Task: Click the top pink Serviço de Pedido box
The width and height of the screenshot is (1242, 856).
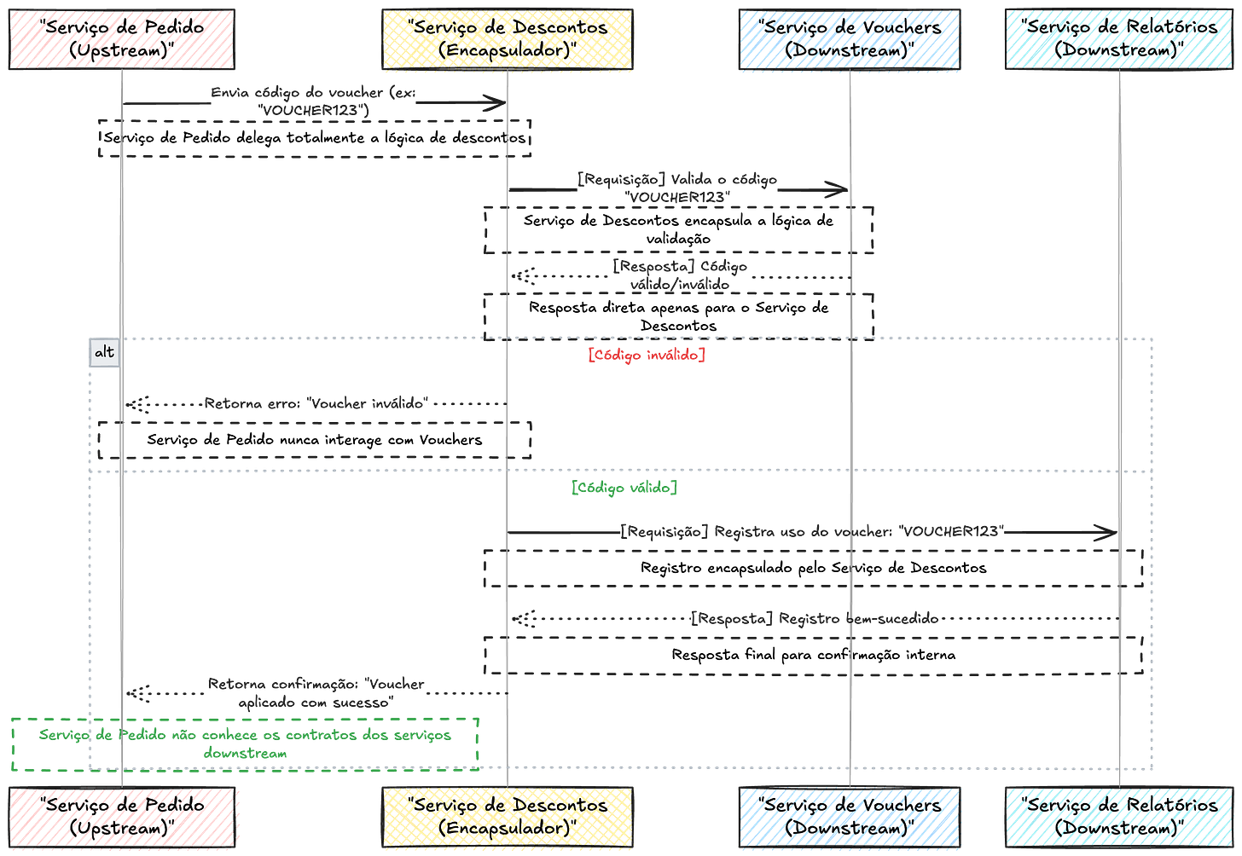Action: tap(121, 39)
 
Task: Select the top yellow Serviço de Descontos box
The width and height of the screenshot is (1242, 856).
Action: tap(508, 39)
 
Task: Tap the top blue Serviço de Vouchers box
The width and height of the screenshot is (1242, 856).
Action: tap(850, 39)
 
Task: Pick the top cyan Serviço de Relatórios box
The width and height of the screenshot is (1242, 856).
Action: tap(1118, 39)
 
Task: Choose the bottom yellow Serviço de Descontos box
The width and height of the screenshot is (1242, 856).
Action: tap(508, 816)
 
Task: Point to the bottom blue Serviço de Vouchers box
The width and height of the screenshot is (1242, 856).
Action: tap(850, 816)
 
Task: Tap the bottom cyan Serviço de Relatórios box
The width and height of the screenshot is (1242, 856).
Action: tap(1118, 816)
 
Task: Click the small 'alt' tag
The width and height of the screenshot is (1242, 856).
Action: tap(104, 353)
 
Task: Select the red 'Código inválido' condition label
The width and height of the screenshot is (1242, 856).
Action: tap(647, 355)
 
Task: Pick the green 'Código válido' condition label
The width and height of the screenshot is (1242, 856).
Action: tap(624, 489)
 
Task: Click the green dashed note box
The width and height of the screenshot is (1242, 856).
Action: tap(245, 743)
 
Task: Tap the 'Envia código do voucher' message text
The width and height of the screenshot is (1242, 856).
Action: tap(313, 101)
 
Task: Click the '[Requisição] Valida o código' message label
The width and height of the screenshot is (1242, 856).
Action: tap(677, 188)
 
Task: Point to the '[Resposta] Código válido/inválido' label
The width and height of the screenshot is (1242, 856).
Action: tap(680, 275)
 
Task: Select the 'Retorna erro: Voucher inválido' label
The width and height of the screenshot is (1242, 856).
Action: tap(315, 403)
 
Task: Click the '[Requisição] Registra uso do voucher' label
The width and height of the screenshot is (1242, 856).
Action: tap(810, 532)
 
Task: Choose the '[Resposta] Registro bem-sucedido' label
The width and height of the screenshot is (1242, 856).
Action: tap(814, 619)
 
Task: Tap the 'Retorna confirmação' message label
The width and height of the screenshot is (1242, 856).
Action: tap(316, 692)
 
